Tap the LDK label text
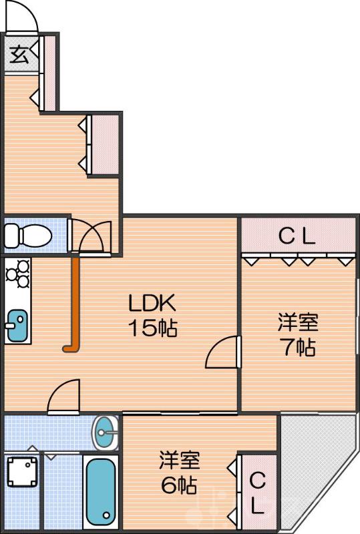click(x=152, y=304)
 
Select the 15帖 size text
click(x=153, y=328)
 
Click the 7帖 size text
click(x=298, y=347)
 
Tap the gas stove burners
click(x=17, y=274)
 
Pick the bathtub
click(x=101, y=491)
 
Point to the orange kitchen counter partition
click(x=74, y=304)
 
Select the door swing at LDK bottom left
click(x=65, y=396)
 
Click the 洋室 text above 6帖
click(x=179, y=460)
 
